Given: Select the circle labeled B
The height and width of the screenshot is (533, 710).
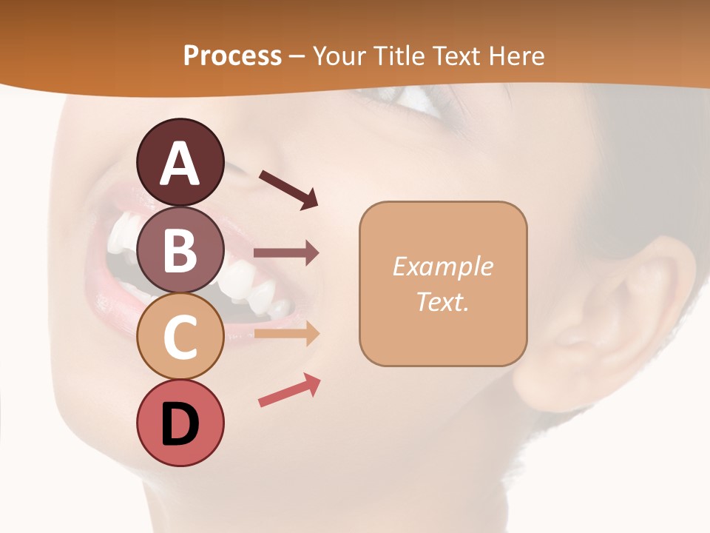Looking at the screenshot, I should [180, 250].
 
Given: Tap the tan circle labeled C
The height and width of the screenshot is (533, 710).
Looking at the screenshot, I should [180, 337].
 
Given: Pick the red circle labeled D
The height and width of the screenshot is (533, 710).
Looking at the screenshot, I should [180, 423].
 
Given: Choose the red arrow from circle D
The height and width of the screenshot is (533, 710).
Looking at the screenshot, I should [289, 390].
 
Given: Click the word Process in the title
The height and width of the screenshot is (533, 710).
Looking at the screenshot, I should [232, 56].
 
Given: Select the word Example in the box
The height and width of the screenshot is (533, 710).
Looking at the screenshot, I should [442, 266].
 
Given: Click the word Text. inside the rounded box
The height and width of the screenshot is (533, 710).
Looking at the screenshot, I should [442, 301].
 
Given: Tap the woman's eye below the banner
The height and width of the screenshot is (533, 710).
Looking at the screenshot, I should [414, 100].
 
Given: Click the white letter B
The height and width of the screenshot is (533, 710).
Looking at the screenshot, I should [180, 250].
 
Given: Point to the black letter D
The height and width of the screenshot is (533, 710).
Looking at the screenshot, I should [180, 424].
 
